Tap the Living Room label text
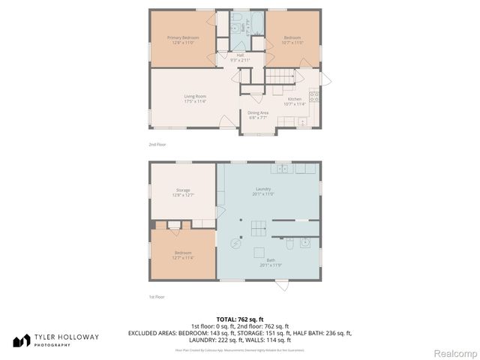(x=195, y=97)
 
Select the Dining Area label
(x=258, y=115)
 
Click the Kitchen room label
(x=294, y=101)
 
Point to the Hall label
(x=240, y=57)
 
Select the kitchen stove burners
(x=314, y=95)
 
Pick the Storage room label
(x=183, y=192)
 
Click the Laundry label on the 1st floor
(x=262, y=190)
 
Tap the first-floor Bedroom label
(x=183, y=254)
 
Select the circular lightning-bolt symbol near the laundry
(x=235, y=243)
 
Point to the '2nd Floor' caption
(x=157, y=143)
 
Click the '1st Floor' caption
(x=157, y=297)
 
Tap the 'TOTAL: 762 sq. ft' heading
(x=240, y=319)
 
